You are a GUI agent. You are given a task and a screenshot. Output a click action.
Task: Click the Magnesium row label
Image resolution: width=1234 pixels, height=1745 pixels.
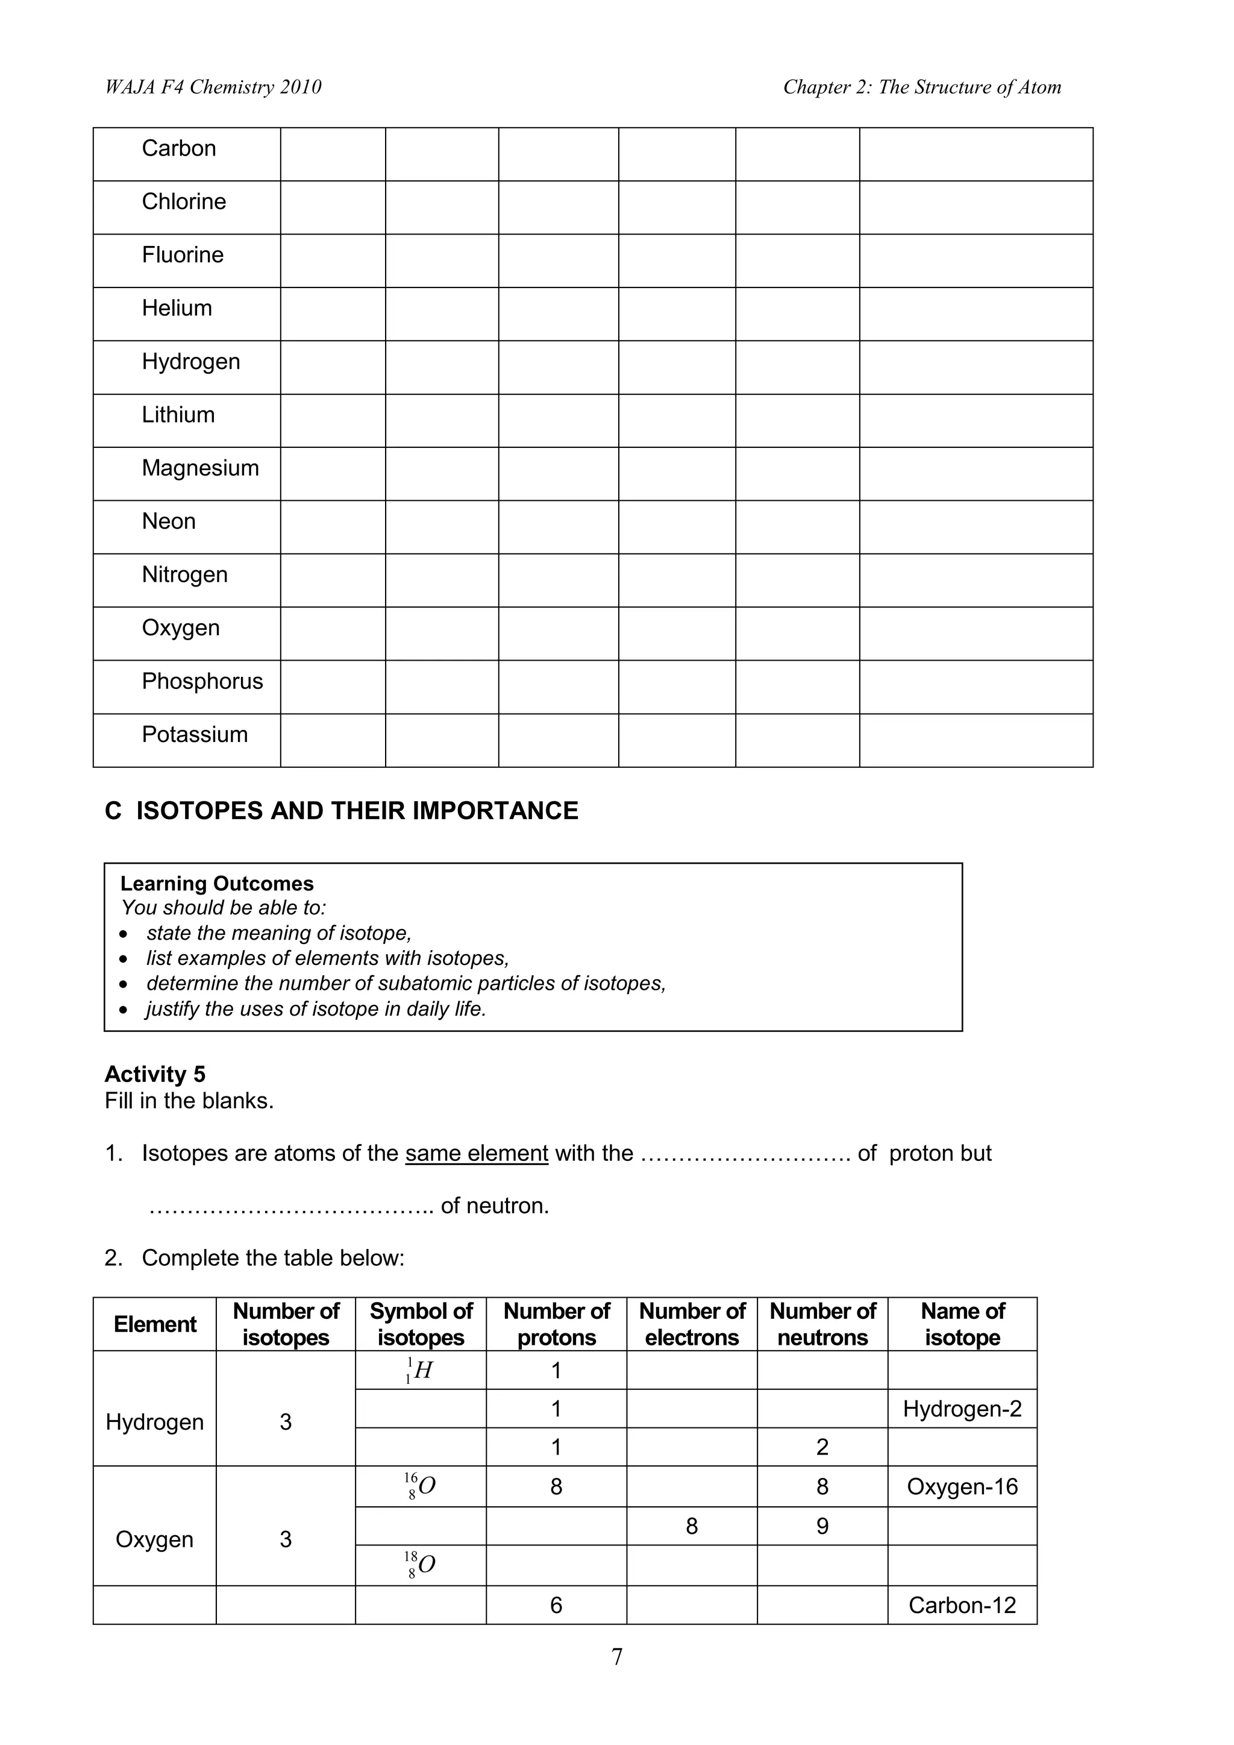200,468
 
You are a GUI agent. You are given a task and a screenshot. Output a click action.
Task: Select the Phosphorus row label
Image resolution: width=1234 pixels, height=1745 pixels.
202,682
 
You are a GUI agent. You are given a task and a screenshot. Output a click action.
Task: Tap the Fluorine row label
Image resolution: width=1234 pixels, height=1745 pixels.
183,254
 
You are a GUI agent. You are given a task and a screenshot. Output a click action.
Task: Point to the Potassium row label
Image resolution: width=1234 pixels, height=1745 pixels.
195,735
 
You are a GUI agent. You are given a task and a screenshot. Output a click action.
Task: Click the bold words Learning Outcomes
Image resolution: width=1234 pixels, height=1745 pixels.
216,884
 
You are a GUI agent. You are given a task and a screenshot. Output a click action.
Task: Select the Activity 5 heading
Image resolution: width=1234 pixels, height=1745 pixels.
155,1075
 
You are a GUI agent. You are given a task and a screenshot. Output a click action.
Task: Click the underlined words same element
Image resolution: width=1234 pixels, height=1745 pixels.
477,1154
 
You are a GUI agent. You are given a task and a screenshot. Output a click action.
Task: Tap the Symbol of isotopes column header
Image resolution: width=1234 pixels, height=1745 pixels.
421,1325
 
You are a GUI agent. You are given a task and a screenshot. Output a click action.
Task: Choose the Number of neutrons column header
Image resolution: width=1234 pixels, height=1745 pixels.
822,1325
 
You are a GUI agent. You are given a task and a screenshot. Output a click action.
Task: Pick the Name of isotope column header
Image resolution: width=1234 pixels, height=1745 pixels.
962,1325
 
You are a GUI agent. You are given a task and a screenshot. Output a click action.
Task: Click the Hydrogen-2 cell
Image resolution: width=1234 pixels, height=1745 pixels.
962,1409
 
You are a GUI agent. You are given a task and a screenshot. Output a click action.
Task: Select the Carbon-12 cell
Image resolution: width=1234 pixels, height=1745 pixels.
962,1605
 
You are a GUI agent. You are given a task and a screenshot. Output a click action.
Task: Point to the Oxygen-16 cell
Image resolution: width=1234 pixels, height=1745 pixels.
962,1488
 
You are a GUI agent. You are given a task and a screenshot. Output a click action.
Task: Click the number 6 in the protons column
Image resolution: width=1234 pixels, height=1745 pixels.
556,1605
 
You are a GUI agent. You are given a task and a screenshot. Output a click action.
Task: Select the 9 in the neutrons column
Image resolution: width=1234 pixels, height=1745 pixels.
822,1526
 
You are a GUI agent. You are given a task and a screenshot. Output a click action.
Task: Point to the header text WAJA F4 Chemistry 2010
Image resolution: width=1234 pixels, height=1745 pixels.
213,87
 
